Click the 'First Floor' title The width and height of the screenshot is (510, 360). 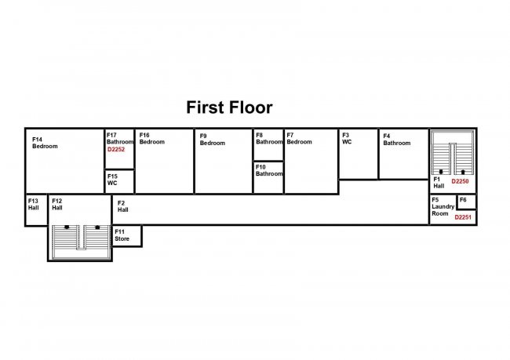[229, 107]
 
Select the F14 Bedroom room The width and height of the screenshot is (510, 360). [65, 161]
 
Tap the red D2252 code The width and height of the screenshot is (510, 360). [116, 149]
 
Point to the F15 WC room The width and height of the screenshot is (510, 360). [119, 181]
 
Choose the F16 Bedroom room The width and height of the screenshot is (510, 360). [164, 161]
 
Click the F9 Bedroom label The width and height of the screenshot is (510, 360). [212, 140]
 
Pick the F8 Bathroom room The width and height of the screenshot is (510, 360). [268, 144]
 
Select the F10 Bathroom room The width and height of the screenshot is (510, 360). [268, 178]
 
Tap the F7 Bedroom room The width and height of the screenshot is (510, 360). [311, 161]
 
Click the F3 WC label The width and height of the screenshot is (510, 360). [347, 139]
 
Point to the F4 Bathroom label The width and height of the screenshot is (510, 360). [396, 140]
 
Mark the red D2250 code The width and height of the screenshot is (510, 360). [460, 181]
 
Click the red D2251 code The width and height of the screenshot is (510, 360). [464, 216]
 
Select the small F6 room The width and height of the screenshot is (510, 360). [466, 202]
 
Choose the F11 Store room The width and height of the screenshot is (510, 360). [126, 235]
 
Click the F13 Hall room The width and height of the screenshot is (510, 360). [36, 210]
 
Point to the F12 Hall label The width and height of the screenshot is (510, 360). [57, 204]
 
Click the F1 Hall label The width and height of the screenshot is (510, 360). [439, 183]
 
